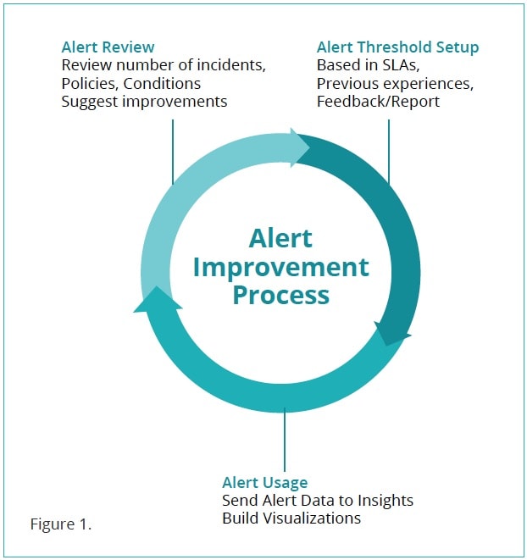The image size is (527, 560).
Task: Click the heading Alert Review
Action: (108, 47)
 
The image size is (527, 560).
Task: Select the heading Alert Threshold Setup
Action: (397, 47)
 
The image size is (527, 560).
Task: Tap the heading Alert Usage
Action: (264, 483)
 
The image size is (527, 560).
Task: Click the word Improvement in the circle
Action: (280, 268)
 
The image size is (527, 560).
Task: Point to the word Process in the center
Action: (280, 296)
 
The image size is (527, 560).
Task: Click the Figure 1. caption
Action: (61, 524)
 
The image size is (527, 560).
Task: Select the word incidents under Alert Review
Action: (231, 65)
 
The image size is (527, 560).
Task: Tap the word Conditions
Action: (162, 84)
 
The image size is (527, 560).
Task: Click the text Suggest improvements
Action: (144, 102)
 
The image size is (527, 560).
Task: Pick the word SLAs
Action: (402, 65)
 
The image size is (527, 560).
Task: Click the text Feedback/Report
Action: (378, 102)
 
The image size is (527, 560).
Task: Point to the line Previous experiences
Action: (395, 84)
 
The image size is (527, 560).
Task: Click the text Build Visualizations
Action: (291, 518)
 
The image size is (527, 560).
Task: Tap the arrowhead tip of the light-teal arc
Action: (309, 147)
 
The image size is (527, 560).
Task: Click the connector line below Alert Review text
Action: (173, 152)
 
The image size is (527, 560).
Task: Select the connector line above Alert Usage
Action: (285, 440)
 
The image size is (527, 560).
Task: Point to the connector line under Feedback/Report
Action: (389, 152)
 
